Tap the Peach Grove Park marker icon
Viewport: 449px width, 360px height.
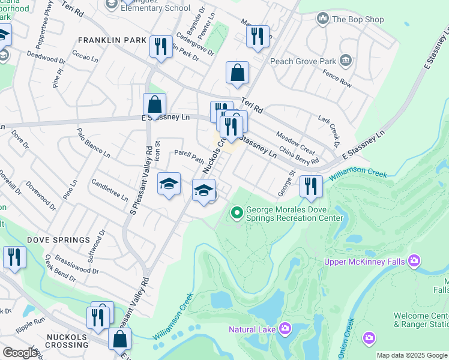click(x=345, y=60)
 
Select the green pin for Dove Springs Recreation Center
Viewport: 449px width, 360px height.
click(x=237, y=212)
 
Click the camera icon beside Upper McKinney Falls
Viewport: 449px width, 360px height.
click(x=414, y=261)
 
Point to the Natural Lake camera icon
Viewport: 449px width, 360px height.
click(x=285, y=328)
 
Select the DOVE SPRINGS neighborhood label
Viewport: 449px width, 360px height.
click(x=58, y=240)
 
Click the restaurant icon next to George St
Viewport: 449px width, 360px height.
click(x=310, y=187)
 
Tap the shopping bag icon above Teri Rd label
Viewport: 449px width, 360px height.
click(x=238, y=73)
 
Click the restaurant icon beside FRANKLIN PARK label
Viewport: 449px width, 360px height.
click(x=161, y=46)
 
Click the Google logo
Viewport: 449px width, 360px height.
click(x=20, y=353)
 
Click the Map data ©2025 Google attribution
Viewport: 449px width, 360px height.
click(x=412, y=355)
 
